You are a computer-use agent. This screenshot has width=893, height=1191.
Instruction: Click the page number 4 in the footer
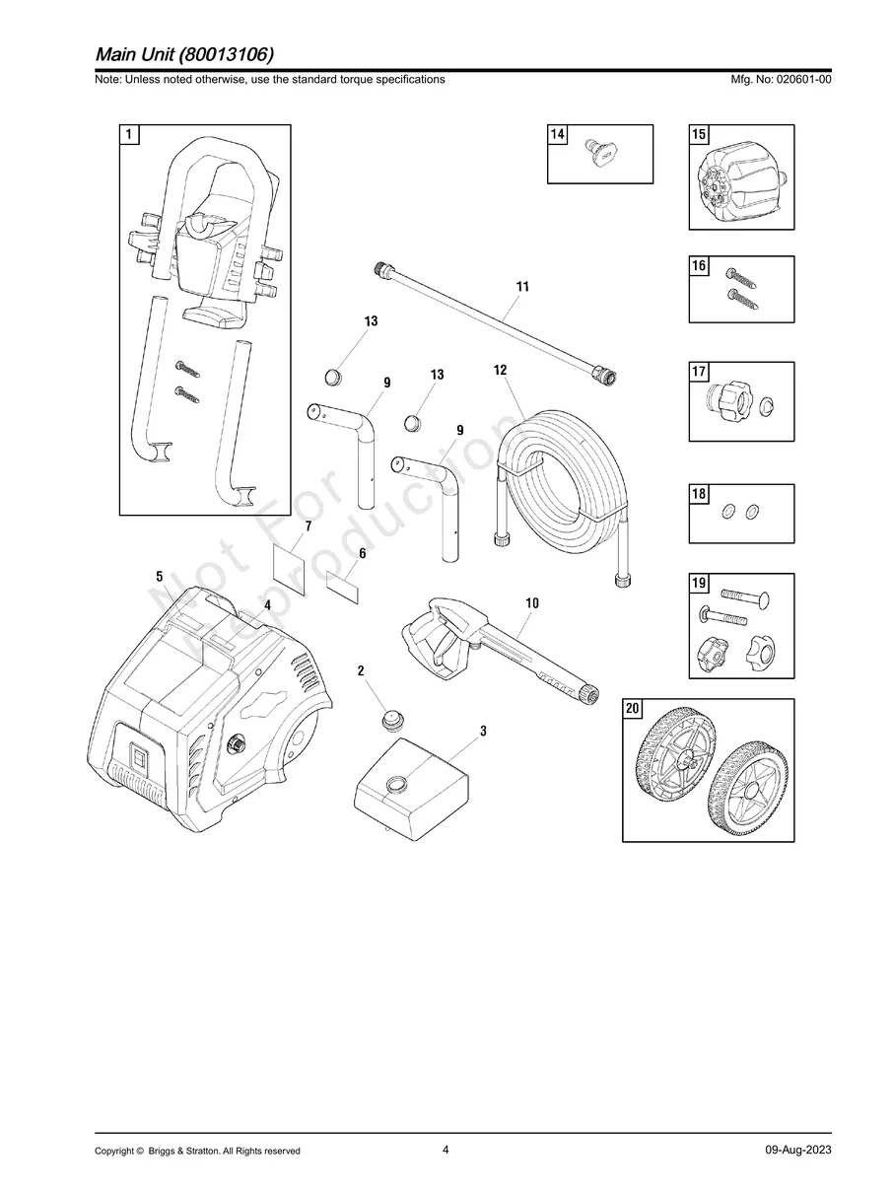click(446, 1150)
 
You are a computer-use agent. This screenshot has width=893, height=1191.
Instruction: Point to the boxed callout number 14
click(558, 134)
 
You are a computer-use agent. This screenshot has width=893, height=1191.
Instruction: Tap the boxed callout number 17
click(699, 372)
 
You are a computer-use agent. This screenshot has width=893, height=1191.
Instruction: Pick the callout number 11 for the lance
click(522, 287)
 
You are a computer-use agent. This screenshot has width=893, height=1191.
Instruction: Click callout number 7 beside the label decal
click(308, 527)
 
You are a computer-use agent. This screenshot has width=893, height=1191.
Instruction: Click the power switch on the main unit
click(138, 760)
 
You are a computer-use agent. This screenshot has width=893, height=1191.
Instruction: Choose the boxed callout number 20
click(633, 709)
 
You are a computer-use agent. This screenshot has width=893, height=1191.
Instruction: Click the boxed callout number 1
click(130, 134)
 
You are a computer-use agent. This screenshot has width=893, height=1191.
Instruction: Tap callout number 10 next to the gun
click(531, 602)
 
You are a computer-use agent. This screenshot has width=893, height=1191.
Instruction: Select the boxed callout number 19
click(699, 584)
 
